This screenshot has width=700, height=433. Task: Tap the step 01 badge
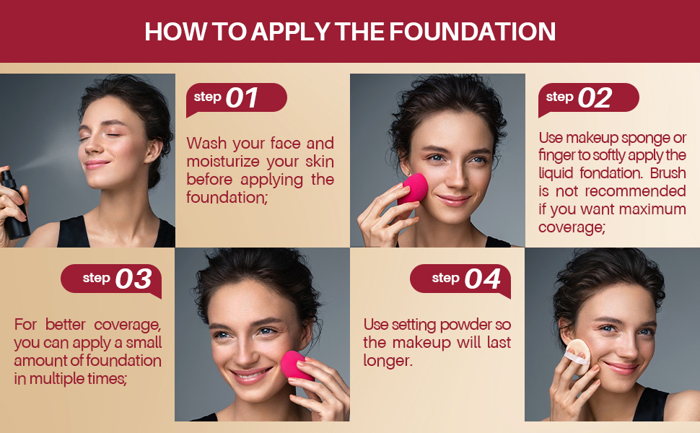tap(235, 98)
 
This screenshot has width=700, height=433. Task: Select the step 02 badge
tap(587, 98)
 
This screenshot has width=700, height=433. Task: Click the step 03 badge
tap(112, 279)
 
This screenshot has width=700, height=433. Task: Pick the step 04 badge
tap(461, 279)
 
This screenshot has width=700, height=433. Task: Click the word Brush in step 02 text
tap(668, 173)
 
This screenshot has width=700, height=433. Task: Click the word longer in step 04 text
tap(388, 360)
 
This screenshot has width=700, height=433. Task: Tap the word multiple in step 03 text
tap(62, 378)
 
